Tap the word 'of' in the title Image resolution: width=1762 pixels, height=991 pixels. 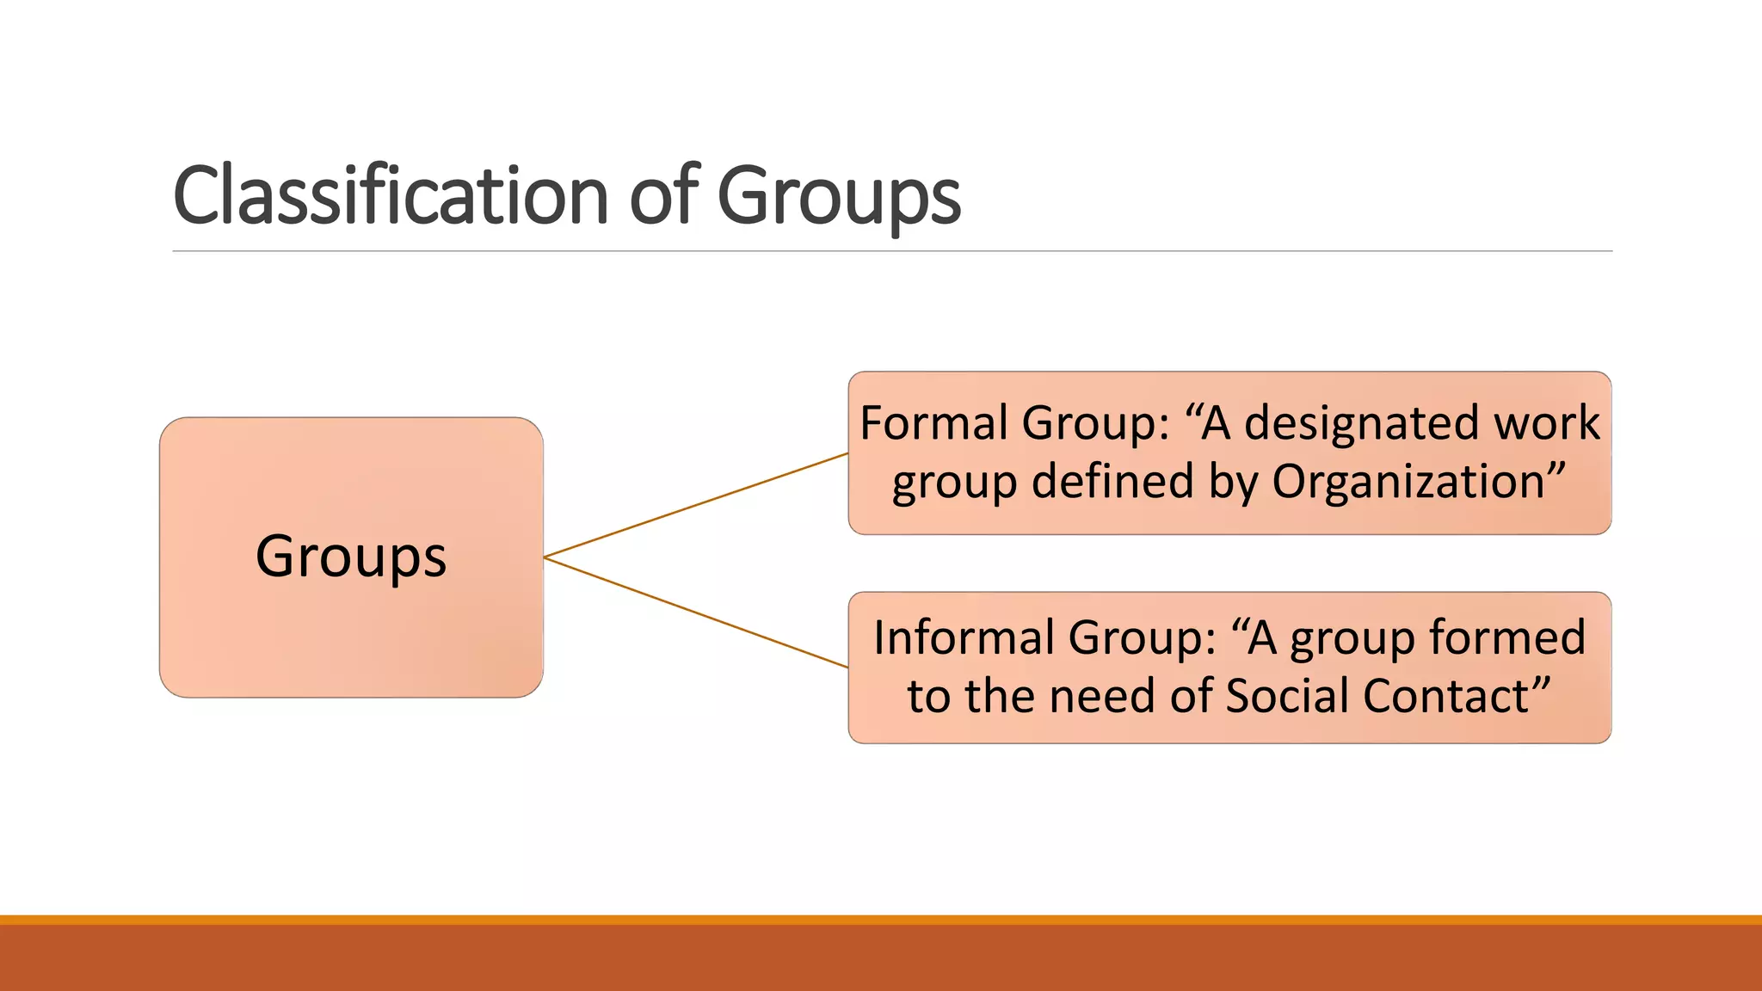coord(664,196)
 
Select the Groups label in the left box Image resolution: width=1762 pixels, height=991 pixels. coord(351,557)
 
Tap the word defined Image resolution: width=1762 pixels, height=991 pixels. coord(1112,482)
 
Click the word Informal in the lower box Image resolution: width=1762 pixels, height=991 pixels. coord(964,638)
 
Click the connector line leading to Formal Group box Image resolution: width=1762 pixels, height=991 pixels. coord(697,505)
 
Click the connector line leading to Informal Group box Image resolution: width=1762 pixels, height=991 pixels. coord(697,612)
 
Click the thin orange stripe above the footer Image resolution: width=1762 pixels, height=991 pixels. coord(881,920)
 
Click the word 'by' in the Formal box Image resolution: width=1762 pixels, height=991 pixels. coord(1233,483)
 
